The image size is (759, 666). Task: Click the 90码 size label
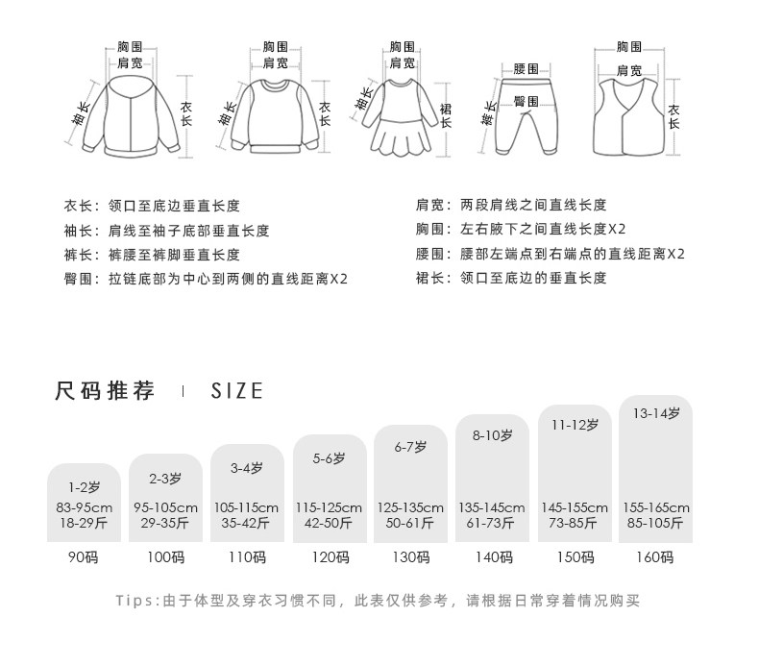[x=84, y=557]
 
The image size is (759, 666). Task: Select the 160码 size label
[x=656, y=557]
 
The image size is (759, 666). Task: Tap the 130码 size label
[x=410, y=557]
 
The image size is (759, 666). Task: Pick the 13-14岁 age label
[x=656, y=413]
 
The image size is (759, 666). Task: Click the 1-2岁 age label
[x=84, y=487]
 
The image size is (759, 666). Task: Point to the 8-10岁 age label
[x=493, y=435]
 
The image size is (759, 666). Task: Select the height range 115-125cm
[x=329, y=507]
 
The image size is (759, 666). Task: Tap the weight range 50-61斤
[x=410, y=524]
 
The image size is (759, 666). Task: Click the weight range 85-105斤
[x=656, y=524]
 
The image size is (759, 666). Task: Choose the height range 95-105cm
[x=165, y=507]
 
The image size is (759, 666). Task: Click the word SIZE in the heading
[x=236, y=391]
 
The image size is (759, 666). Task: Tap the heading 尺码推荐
[x=106, y=391]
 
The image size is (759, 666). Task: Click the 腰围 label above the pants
[x=526, y=69]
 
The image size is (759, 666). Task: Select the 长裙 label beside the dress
[x=445, y=112]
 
